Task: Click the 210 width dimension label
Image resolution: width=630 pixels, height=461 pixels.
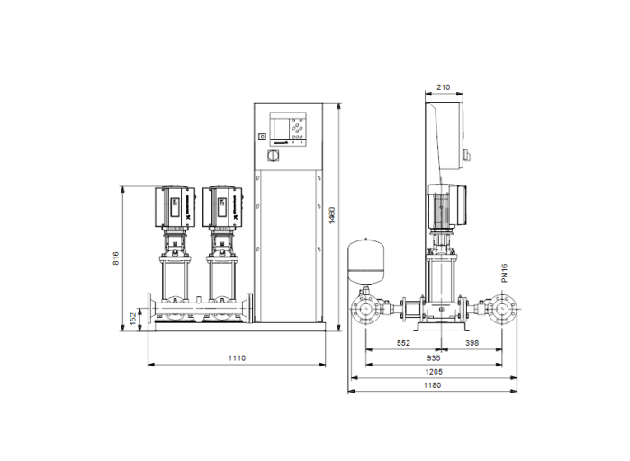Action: [x=443, y=87]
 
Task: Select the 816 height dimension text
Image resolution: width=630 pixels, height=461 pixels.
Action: [x=116, y=258]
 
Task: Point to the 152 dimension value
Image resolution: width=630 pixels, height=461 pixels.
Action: [x=130, y=318]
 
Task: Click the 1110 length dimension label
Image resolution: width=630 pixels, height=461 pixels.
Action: [x=236, y=357]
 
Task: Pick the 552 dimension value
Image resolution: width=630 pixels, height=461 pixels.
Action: [x=403, y=344]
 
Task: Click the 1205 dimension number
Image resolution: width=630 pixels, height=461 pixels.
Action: [x=433, y=370]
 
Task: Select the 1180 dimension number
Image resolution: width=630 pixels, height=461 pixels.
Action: [x=433, y=384]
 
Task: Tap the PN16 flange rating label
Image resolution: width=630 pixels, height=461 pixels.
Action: [x=505, y=273]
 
